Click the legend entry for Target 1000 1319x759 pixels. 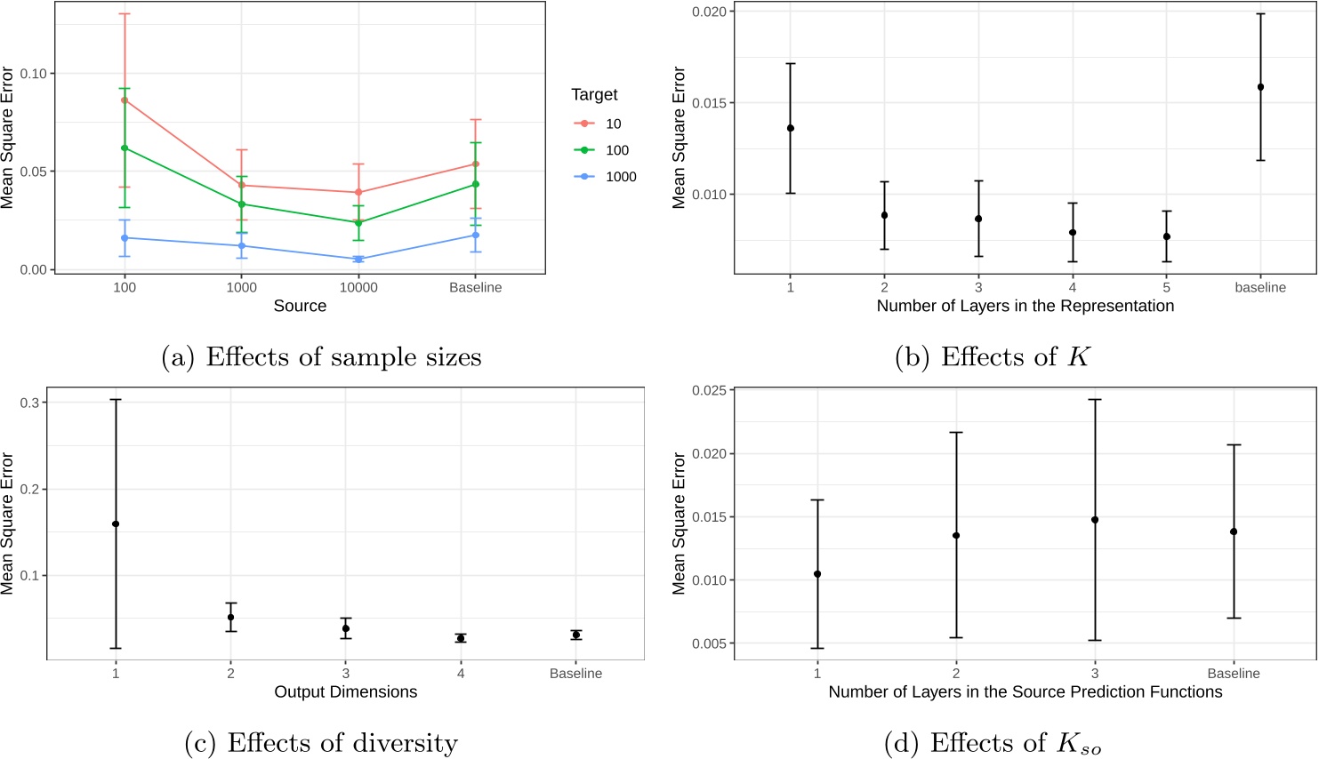(x=605, y=177)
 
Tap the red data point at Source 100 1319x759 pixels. (x=125, y=100)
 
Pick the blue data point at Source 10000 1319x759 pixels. (x=358, y=260)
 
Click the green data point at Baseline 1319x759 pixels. (x=476, y=185)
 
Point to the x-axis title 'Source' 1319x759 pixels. (x=300, y=306)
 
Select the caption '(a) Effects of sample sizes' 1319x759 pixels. (x=321, y=357)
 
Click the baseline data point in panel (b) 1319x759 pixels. (x=1260, y=87)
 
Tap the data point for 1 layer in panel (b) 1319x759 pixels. (x=791, y=128)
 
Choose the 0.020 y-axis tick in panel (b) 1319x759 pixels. (x=709, y=12)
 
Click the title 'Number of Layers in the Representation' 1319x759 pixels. (x=1025, y=306)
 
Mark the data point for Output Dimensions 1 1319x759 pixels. (x=116, y=524)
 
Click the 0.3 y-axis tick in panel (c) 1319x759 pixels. (x=29, y=403)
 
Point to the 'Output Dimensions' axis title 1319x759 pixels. (x=345, y=691)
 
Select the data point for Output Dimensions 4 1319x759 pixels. (x=461, y=638)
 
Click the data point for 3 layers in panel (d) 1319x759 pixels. (x=1095, y=520)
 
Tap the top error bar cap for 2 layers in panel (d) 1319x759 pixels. (x=956, y=433)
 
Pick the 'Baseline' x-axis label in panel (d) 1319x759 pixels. (x=1233, y=674)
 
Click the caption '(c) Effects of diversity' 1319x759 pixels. (x=321, y=743)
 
